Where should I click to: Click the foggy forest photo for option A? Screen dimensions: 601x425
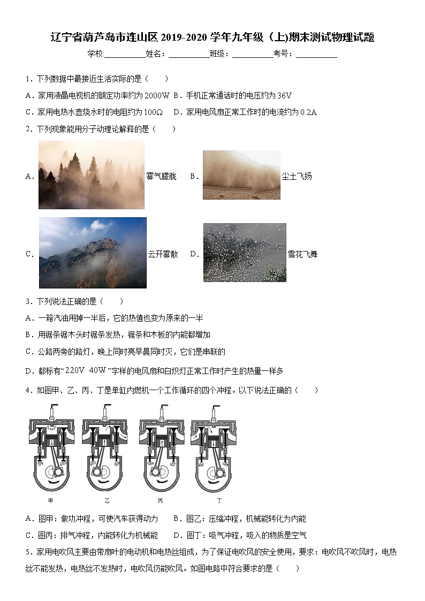[92, 174]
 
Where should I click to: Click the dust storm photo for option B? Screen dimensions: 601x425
[241, 175]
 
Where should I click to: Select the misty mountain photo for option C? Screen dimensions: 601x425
[93, 253]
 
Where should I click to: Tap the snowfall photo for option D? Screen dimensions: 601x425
[245, 253]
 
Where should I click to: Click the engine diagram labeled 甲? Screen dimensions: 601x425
[51, 449]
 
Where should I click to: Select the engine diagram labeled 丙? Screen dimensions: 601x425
[161, 449]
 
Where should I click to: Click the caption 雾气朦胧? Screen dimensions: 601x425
[161, 176]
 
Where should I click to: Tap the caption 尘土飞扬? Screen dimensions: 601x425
[297, 176]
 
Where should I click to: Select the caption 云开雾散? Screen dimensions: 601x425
[163, 254]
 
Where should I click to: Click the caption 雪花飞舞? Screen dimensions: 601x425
[302, 254]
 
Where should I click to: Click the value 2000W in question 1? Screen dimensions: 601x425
[157, 96]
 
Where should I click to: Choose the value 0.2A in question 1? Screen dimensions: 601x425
[308, 112]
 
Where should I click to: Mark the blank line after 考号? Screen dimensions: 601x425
[316, 54]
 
